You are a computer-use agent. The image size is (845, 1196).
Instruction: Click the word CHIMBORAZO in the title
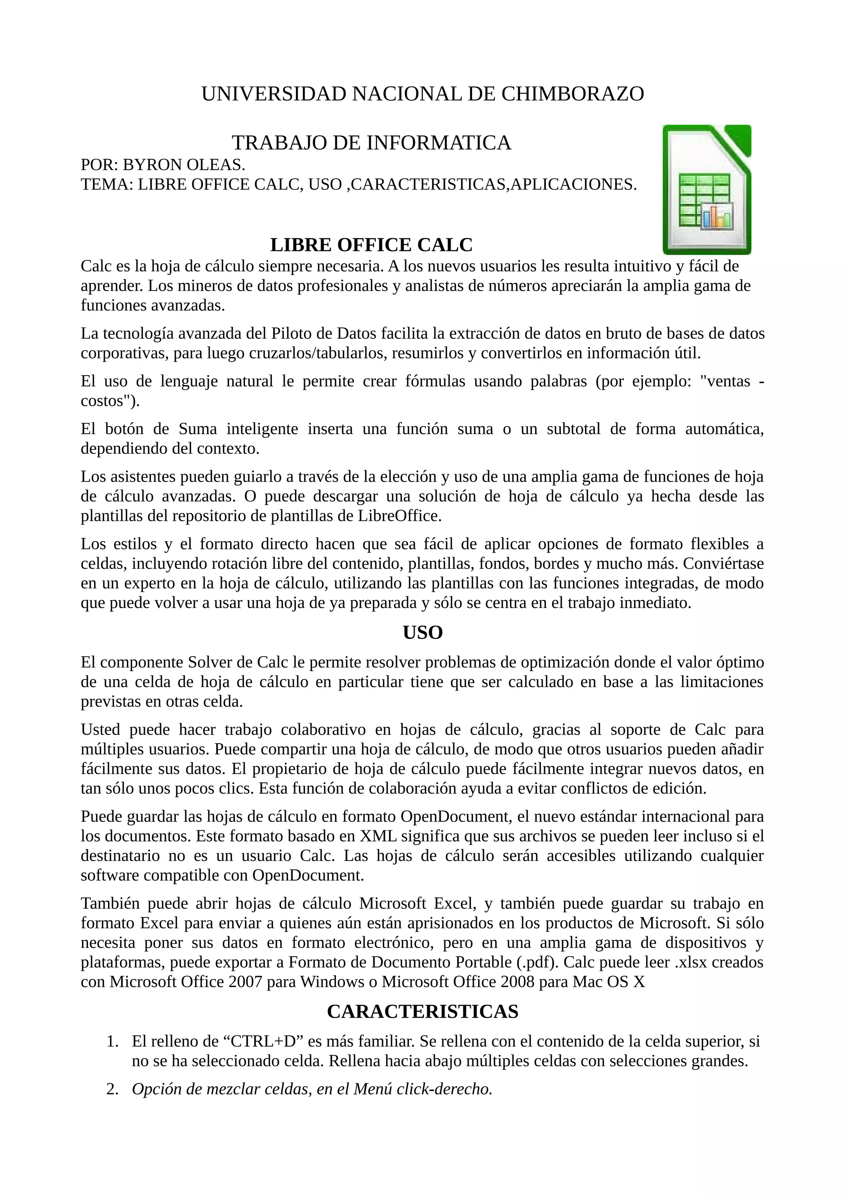573,94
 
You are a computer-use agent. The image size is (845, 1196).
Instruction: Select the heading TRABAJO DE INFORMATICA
371,143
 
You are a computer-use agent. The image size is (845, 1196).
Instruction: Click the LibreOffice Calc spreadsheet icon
706,189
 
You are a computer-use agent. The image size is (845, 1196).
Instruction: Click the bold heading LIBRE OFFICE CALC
371,245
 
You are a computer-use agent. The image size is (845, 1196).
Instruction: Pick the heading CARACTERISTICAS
422,1012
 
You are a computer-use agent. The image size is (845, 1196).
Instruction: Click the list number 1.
111,1042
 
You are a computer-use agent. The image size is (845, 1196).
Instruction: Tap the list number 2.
111,1089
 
